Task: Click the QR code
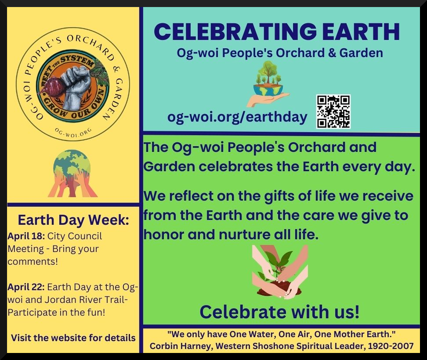[x=333, y=112]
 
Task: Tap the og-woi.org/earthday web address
[x=237, y=118]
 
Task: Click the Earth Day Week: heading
[x=73, y=220]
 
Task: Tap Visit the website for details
[x=73, y=338]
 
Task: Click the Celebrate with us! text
[x=279, y=312]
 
